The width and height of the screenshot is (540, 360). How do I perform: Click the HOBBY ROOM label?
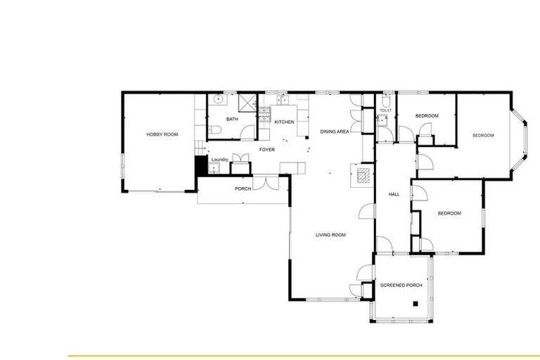(x=162, y=134)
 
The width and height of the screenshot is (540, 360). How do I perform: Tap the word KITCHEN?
(x=284, y=122)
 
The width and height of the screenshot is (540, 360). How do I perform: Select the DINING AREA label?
(x=335, y=131)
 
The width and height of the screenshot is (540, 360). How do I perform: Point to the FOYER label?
(x=266, y=150)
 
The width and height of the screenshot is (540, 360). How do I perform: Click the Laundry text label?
(x=219, y=160)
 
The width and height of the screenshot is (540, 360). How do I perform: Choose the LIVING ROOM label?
(x=330, y=235)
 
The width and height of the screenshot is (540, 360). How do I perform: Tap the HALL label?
(x=394, y=194)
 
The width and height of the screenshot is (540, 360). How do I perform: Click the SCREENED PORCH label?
(x=401, y=285)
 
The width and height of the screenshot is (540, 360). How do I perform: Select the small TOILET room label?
(x=385, y=111)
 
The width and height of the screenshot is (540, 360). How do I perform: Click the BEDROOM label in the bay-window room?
(x=483, y=136)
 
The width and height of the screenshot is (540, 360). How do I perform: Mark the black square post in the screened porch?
(x=416, y=304)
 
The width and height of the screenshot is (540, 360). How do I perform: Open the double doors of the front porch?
(x=265, y=183)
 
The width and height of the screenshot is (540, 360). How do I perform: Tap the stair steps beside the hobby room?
(x=199, y=148)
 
